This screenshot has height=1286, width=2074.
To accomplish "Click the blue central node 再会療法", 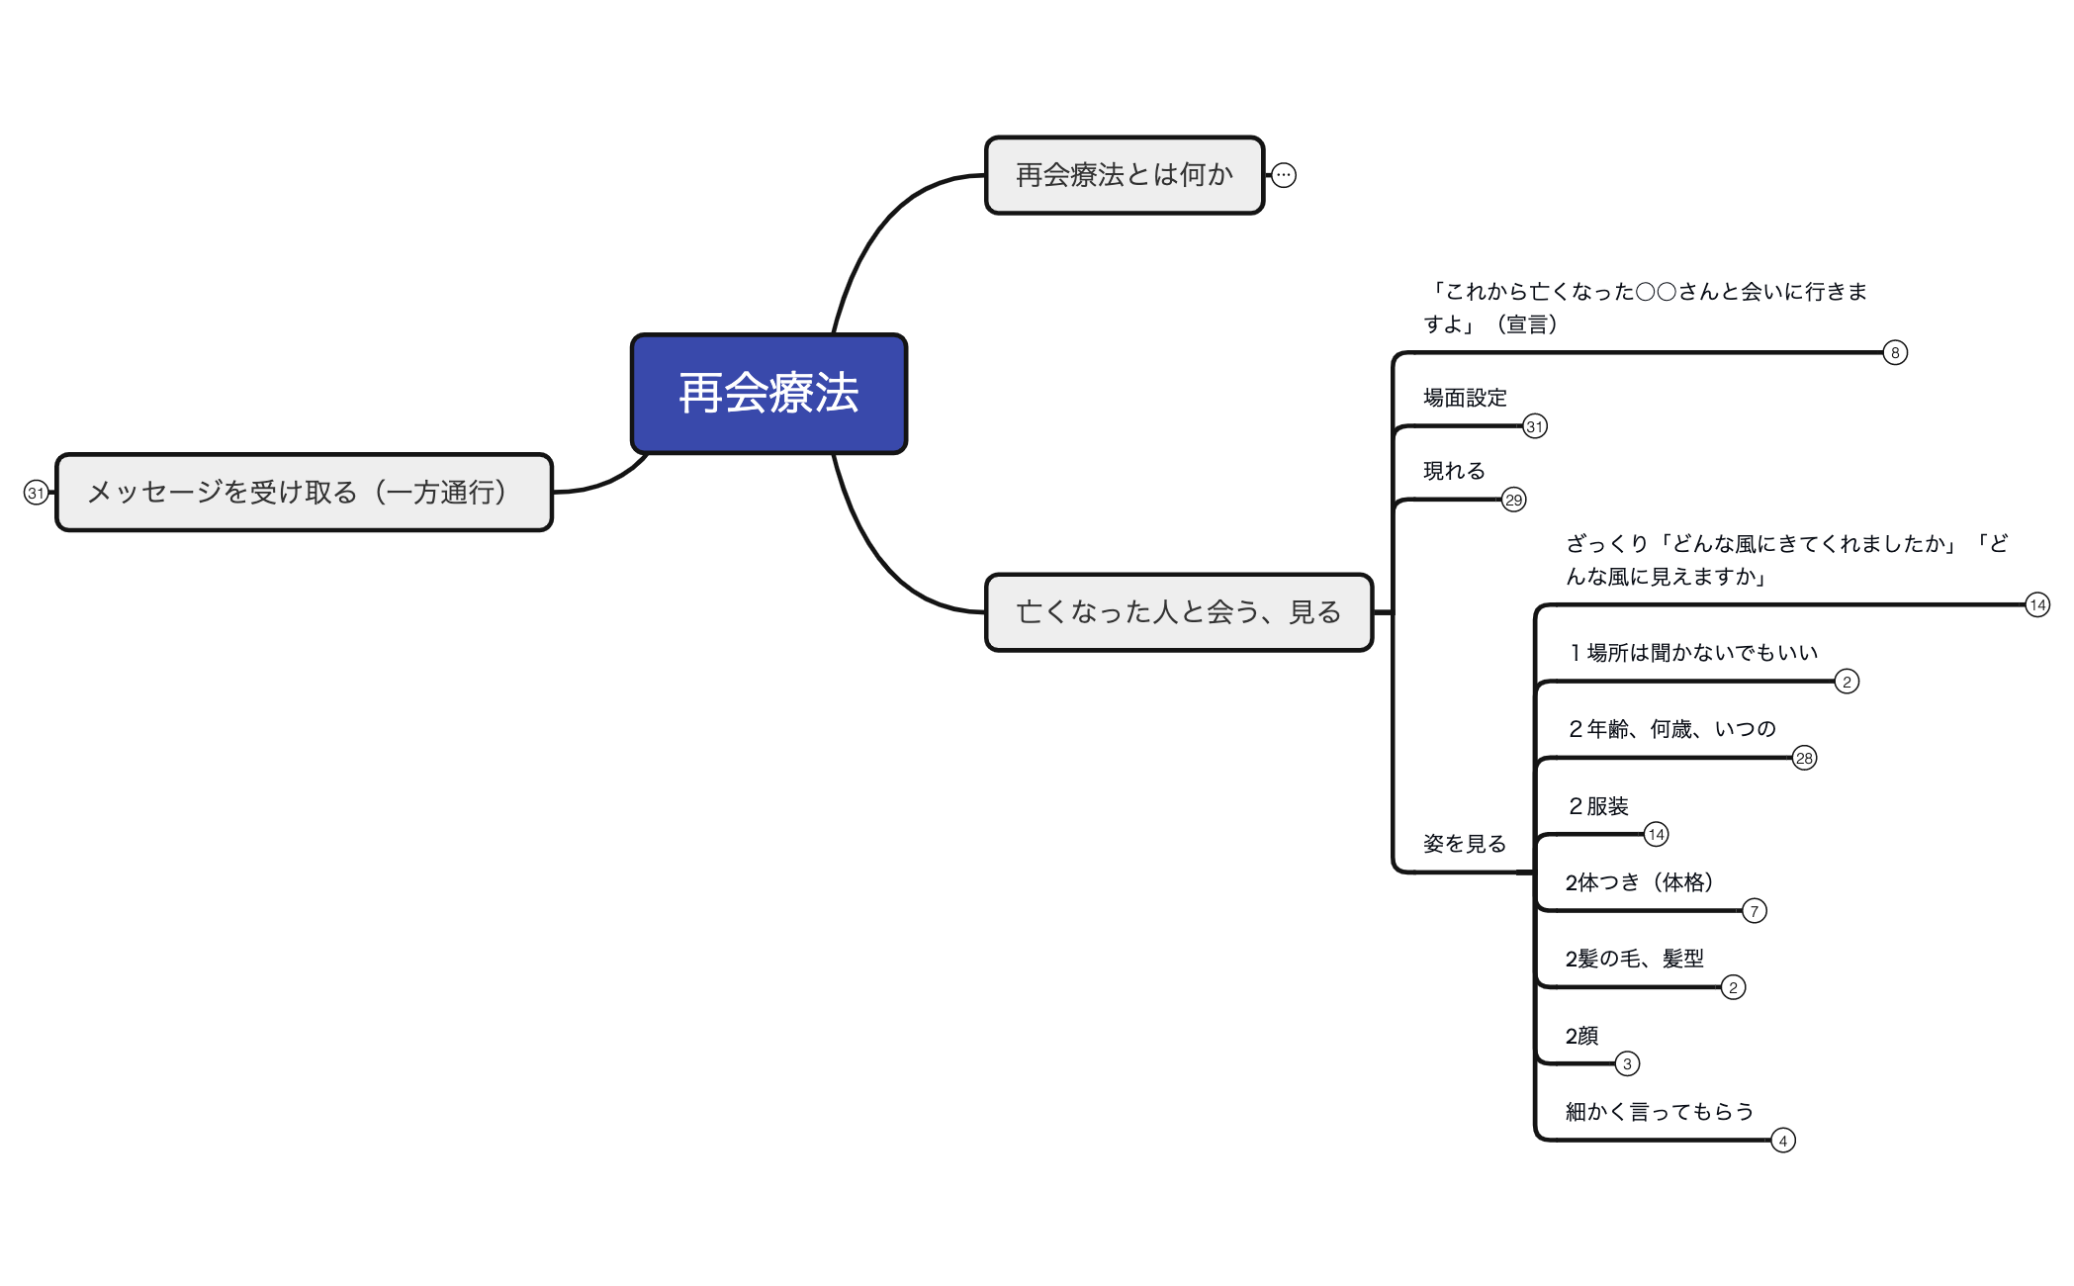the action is (769, 394).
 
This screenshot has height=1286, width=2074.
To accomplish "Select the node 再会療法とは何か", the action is (1125, 175).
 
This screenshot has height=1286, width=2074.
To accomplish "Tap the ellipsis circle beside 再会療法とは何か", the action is (1284, 175).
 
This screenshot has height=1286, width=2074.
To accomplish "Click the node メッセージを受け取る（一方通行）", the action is (304, 493).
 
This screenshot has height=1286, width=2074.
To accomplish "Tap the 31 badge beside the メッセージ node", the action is (37, 493).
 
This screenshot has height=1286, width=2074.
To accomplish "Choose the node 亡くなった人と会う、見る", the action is (1179, 612).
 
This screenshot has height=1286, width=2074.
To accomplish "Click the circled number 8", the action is (1895, 352).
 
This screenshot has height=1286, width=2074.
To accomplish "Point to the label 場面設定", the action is (1465, 398).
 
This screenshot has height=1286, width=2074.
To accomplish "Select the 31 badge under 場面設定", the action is (1535, 426).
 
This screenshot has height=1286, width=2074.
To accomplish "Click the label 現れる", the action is (1454, 471).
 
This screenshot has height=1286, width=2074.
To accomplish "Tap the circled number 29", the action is (1514, 500).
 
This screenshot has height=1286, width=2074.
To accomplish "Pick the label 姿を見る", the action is (1465, 844).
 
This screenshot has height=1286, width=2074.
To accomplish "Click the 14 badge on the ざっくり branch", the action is (2037, 604).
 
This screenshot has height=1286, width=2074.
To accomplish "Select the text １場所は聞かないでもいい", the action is (1692, 653).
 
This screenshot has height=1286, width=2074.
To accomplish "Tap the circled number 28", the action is (1805, 758).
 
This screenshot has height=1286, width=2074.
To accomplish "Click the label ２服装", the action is (1597, 806).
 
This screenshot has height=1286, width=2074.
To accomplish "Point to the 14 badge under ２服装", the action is (1657, 834).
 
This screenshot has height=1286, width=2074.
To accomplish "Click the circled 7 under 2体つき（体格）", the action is (1755, 910).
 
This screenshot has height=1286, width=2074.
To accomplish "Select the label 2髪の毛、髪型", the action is (1635, 959).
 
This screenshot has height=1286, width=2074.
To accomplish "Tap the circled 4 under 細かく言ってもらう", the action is (1783, 1141).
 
